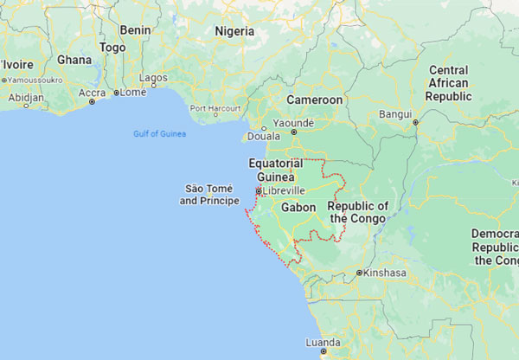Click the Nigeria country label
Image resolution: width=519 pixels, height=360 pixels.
point(234,31)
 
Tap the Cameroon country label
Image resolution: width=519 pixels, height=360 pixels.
point(315,100)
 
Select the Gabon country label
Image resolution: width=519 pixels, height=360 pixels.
point(298,209)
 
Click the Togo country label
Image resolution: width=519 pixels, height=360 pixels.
point(112,48)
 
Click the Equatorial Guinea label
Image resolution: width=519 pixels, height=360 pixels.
point(276,170)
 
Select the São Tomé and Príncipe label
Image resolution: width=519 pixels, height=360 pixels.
point(208,194)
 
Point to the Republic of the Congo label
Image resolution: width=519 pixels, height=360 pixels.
point(357,212)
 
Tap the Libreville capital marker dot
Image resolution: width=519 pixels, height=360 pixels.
point(258,190)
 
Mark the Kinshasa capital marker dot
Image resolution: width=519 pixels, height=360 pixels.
point(359,273)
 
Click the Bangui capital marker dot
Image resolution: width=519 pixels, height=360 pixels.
point(415,122)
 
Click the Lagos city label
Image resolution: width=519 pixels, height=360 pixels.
point(153,78)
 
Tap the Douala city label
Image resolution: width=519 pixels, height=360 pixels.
point(263,136)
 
